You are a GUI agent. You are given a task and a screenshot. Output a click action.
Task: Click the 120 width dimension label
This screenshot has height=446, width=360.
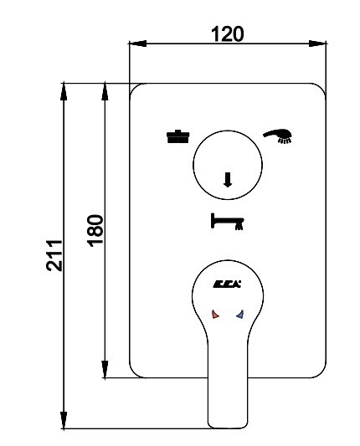click(x=228, y=34)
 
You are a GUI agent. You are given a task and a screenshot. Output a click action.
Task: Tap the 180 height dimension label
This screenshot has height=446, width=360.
click(x=95, y=231)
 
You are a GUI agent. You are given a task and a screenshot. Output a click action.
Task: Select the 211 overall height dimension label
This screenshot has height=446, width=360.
click(x=54, y=255)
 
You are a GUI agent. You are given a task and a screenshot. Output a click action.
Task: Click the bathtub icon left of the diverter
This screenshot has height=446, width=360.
click(x=177, y=136)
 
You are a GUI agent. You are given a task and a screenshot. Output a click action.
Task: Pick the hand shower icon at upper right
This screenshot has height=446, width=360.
click(x=277, y=136)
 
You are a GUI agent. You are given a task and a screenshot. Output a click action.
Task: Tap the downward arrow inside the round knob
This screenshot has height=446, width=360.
click(x=227, y=180)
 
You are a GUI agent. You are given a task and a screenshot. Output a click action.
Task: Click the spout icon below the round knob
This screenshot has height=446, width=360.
click(x=227, y=221)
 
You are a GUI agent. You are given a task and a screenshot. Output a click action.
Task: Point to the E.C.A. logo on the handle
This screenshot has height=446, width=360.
click(x=227, y=284)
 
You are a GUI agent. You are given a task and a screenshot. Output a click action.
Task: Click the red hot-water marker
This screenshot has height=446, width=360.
click(x=215, y=314)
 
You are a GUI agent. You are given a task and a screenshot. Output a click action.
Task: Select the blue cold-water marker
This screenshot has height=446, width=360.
click(x=240, y=314)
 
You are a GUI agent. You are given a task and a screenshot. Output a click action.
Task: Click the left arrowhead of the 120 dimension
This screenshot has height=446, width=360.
click(x=138, y=44)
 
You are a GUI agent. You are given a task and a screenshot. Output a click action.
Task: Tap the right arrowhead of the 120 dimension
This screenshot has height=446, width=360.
click(x=317, y=44)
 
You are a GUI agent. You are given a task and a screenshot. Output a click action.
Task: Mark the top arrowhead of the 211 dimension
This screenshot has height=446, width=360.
click(x=64, y=91)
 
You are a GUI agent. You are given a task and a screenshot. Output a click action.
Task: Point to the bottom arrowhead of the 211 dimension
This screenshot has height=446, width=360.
click(x=64, y=420)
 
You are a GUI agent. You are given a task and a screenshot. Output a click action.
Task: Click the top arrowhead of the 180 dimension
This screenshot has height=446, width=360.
click(x=105, y=91)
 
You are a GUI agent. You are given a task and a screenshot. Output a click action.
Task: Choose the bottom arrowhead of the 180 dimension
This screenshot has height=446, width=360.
click(x=105, y=369)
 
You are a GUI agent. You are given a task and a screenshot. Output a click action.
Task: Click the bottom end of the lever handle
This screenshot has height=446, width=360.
click(x=228, y=428)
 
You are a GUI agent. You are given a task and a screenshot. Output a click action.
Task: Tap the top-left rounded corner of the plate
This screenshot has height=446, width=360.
click(x=135, y=89)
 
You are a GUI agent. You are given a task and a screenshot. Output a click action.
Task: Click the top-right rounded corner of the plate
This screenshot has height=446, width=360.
click(x=321, y=89)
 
